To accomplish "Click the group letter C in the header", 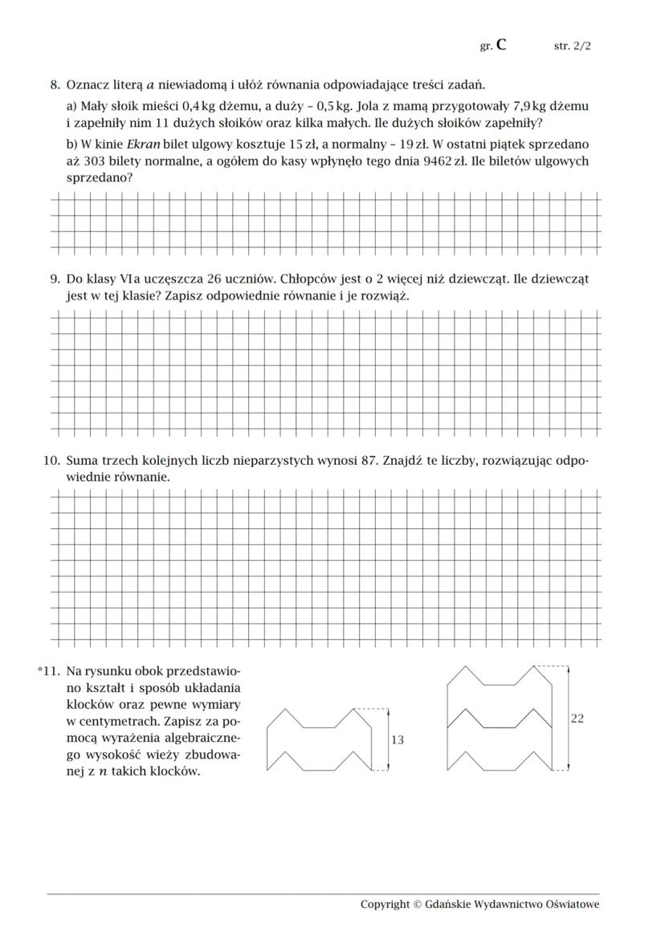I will point(501,45).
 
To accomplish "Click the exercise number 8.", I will point(55,84).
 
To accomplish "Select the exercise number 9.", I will point(55,279).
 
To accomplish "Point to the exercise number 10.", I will point(51,462).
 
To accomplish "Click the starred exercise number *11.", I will point(49,670).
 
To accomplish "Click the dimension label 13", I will point(397,740).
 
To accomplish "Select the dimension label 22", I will point(577,718).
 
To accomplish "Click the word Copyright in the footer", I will point(385,905).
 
